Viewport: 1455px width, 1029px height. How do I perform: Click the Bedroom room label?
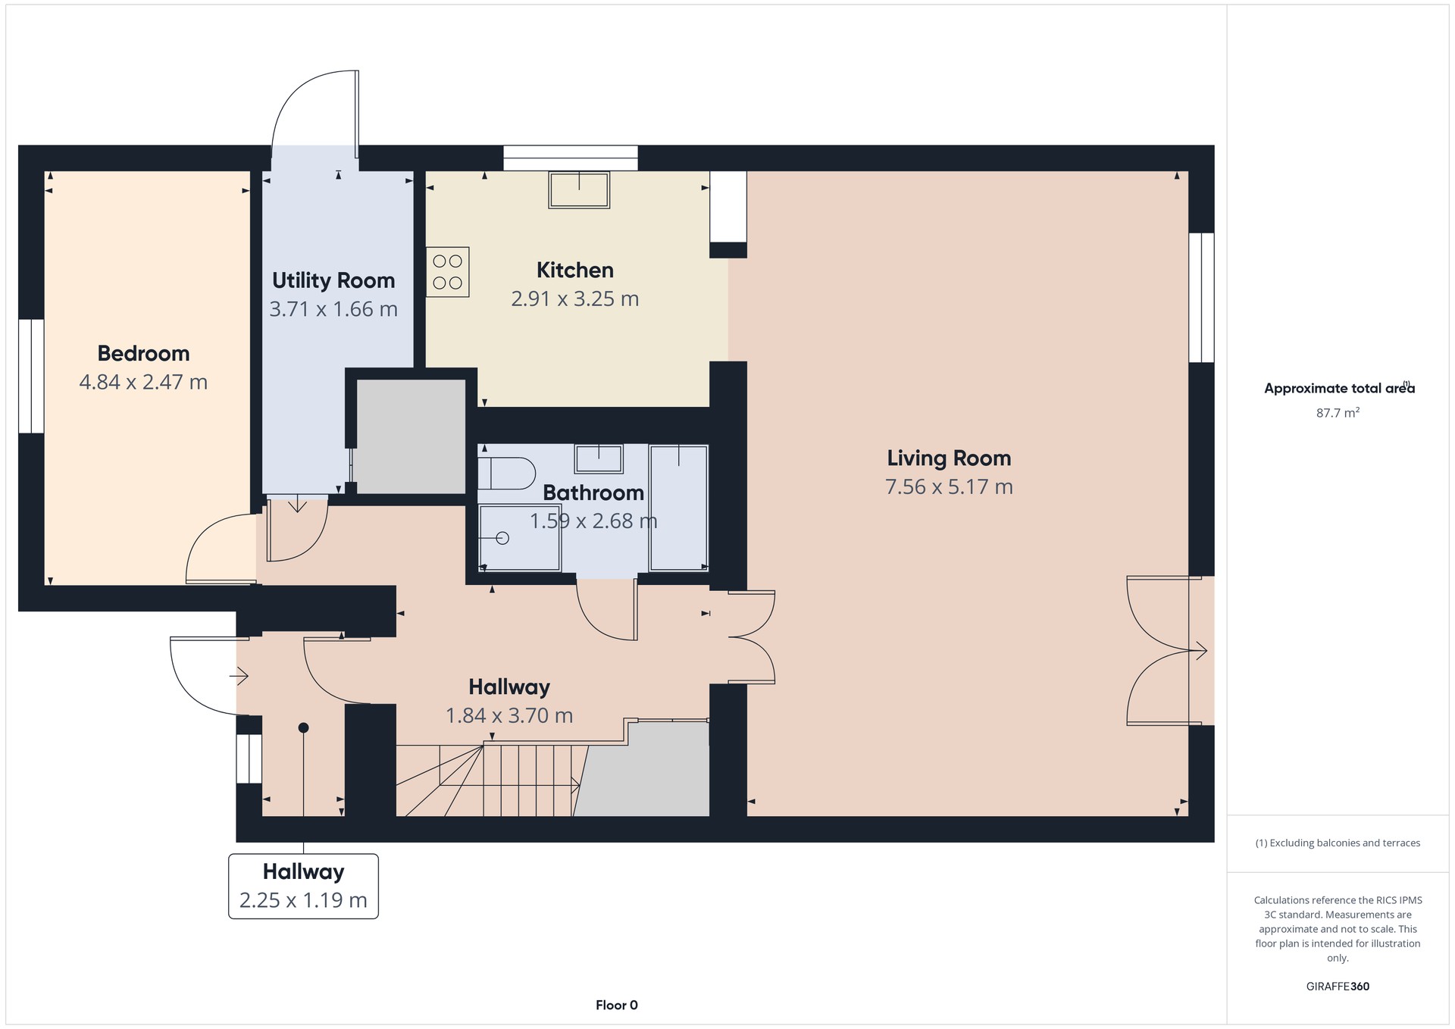143,353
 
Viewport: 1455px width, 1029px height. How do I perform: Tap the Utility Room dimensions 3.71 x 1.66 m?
333,309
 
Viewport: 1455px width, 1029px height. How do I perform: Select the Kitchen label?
575,270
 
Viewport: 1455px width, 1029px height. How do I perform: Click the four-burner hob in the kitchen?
448,272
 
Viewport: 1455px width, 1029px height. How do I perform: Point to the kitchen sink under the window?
580,189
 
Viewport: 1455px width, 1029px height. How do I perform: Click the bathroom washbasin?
599,459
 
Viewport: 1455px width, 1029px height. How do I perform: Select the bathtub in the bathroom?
678,508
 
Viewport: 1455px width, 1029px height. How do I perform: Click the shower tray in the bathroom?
520,538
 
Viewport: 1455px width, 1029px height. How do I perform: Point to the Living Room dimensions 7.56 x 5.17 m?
949,486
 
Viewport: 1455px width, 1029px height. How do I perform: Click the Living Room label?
949,458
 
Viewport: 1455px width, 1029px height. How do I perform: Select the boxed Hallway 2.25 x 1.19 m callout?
303,887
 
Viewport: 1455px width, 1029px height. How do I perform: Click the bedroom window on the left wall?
31,376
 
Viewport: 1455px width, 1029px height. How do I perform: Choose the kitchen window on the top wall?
571,158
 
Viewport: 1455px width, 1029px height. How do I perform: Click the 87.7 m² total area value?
1338,413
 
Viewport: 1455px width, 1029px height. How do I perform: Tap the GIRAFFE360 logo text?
1338,987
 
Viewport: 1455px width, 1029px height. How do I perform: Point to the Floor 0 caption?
617,1006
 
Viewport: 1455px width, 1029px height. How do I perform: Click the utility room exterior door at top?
315,114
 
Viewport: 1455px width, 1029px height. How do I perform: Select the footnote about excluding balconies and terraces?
1338,843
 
